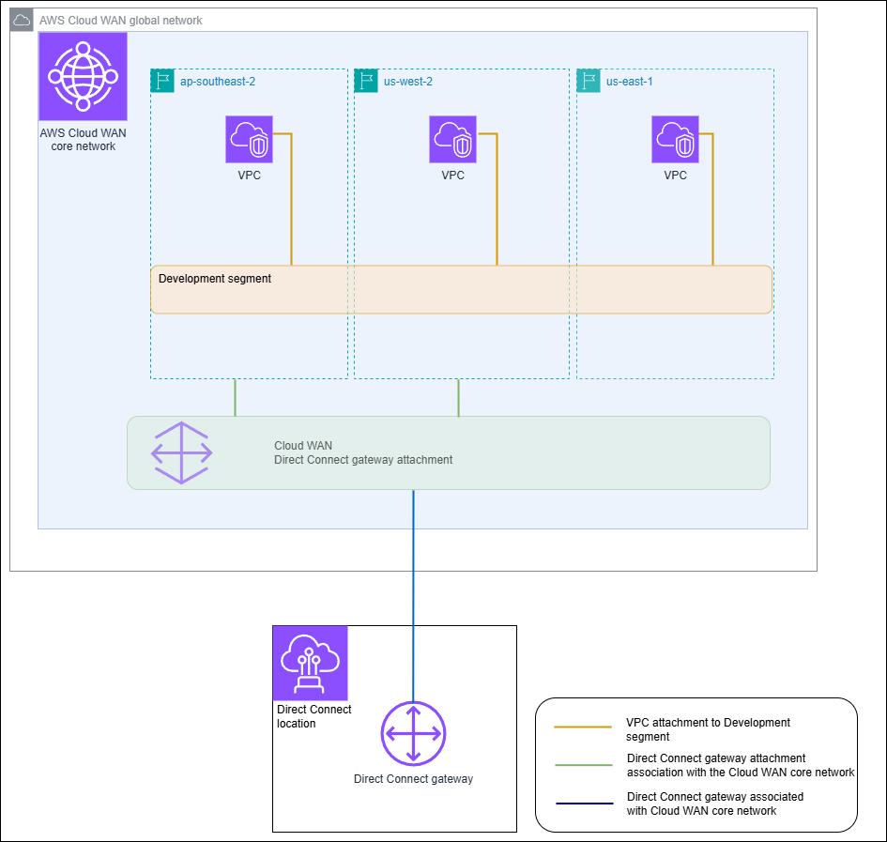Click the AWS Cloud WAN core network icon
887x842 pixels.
click(83, 77)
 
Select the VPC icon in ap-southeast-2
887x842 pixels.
click(249, 139)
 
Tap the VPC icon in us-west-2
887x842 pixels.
click(452, 139)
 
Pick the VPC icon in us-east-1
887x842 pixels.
click(675, 139)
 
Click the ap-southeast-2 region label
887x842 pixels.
click(217, 82)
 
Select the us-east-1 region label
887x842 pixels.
click(629, 82)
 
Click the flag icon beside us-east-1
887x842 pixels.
click(589, 81)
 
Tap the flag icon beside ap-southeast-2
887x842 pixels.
click(162, 81)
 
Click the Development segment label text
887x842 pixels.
click(215, 279)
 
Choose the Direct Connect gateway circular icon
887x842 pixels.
click(413, 733)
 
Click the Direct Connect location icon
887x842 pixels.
click(311, 663)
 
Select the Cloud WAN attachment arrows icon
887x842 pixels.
click(182, 452)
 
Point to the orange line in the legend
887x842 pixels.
click(583, 727)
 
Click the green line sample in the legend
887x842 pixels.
click(583, 765)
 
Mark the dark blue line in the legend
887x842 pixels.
click(583, 804)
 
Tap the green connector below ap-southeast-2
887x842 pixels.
click(235, 397)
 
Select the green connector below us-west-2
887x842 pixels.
click(458, 397)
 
